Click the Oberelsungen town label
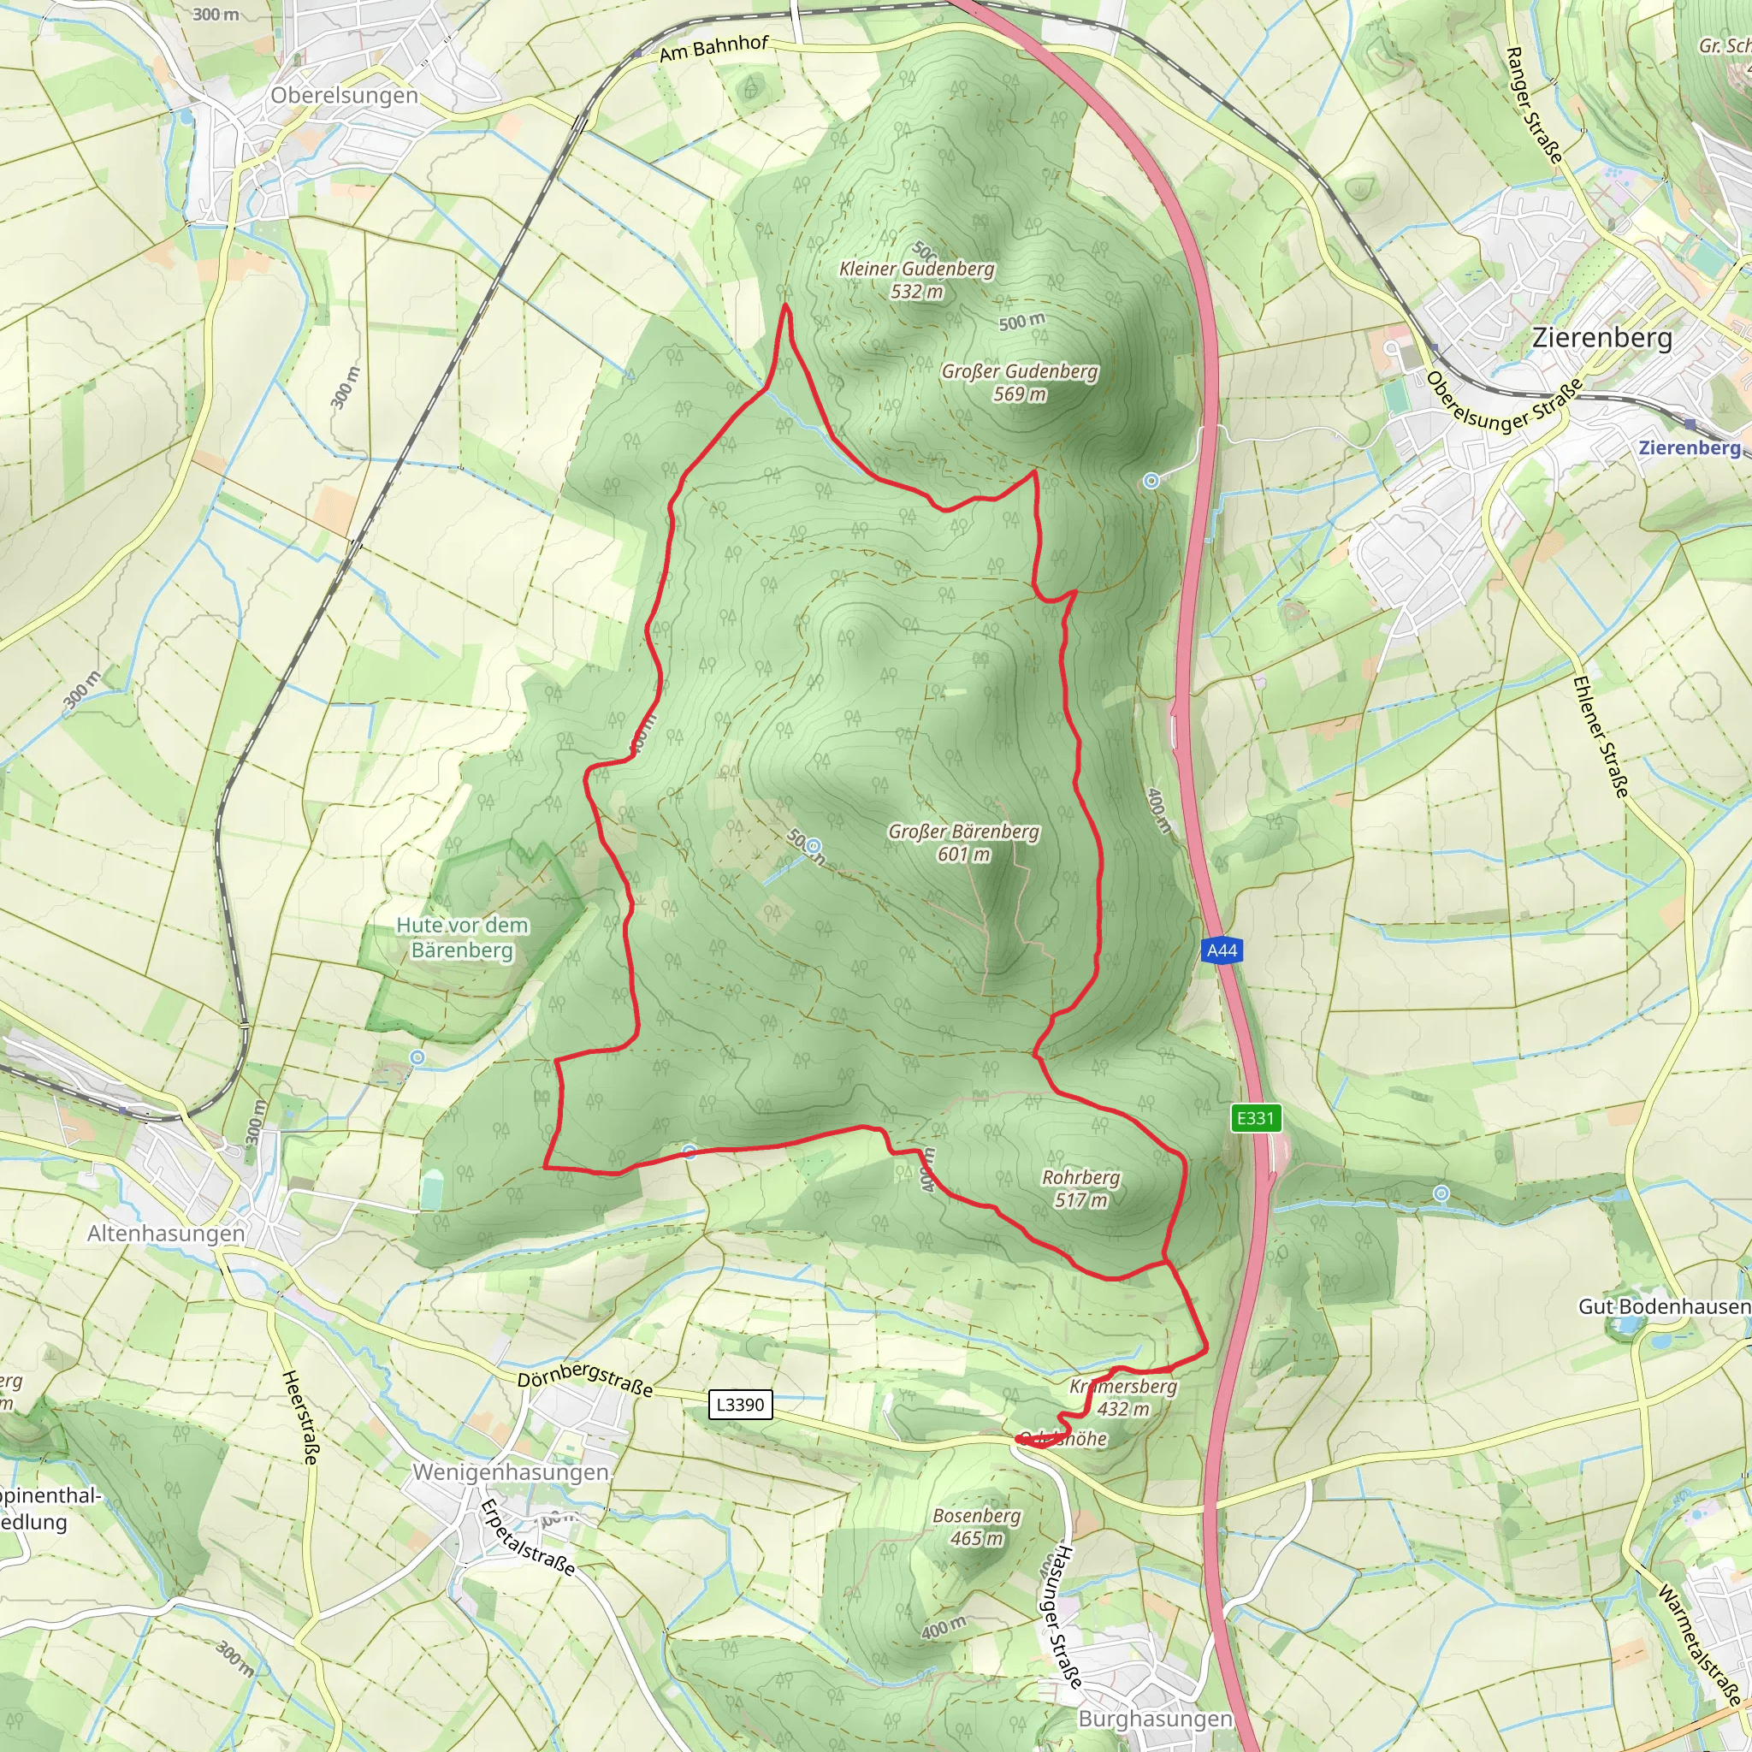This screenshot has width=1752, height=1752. tap(345, 95)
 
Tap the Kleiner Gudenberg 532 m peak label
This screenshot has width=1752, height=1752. tap(917, 279)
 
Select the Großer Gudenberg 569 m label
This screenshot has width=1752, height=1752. tap(1019, 382)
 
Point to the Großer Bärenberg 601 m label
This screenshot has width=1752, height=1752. tap(964, 843)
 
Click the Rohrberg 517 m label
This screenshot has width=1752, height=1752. tap(1081, 1188)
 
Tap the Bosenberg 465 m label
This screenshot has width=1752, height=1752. tap(977, 1526)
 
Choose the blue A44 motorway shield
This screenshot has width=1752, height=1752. tap(1222, 950)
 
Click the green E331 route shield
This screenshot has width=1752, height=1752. tap(1256, 1118)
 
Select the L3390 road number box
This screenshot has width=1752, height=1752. tap(740, 1405)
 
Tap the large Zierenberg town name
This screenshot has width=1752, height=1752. tap(1602, 337)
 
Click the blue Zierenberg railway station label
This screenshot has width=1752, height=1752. tap(1690, 447)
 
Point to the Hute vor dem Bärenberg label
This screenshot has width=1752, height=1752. tap(463, 937)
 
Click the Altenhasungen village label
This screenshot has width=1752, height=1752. tap(166, 1234)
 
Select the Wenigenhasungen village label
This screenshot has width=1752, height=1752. tap(511, 1471)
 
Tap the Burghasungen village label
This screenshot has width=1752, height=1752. tap(1155, 1719)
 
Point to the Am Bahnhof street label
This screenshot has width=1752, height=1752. tap(713, 48)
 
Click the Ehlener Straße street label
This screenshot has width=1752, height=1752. tap(1601, 737)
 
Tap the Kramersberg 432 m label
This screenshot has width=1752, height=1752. tap(1123, 1398)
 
